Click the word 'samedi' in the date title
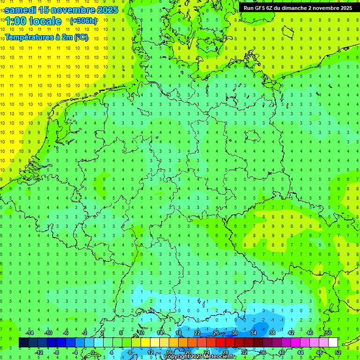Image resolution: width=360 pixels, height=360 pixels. pyautogui.click(x=20, y=10)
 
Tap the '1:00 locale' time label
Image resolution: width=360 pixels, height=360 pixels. pyautogui.click(x=33, y=21)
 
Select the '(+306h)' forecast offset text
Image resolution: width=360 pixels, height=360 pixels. pyautogui.click(x=83, y=21)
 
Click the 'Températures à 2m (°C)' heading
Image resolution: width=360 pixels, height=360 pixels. pyautogui.click(x=46, y=37)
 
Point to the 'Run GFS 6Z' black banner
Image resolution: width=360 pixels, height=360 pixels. pyautogui.click(x=298, y=8)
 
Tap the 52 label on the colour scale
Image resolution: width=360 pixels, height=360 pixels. pyautogui.click(x=338, y=352)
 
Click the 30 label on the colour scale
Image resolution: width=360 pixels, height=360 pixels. pyautogui.click(x=234, y=333)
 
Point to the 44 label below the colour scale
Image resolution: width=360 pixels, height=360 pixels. pyautogui.click(x=300, y=352)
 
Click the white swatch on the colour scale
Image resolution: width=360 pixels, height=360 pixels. pyautogui.click(x=333, y=343)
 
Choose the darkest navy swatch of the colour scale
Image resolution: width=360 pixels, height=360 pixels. pyautogui.click(x=23, y=343)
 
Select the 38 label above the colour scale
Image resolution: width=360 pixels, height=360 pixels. pyautogui.click(x=272, y=333)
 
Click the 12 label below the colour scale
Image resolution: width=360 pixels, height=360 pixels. pyautogui.click(x=150, y=352)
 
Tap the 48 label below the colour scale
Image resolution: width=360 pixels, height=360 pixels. pyautogui.click(x=319, y=352)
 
